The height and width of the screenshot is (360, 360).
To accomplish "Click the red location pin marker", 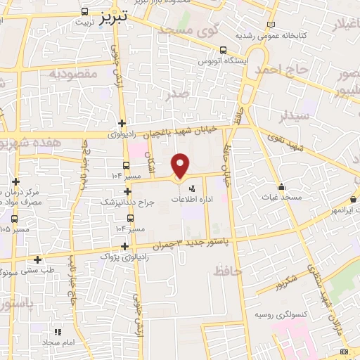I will click(x=181, y=165).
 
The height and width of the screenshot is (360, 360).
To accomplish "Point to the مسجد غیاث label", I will click(x=282, y=198).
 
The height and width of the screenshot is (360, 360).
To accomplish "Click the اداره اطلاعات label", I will click(x=192, y=199).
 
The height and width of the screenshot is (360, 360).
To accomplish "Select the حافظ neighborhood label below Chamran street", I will click(x=229, y=270).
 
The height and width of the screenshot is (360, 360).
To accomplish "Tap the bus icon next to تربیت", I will click(x=85, y=12).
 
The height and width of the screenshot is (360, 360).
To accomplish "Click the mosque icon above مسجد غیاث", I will click(x=282, y=186).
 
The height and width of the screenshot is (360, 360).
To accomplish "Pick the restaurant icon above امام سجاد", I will click(x=58, y=330).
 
